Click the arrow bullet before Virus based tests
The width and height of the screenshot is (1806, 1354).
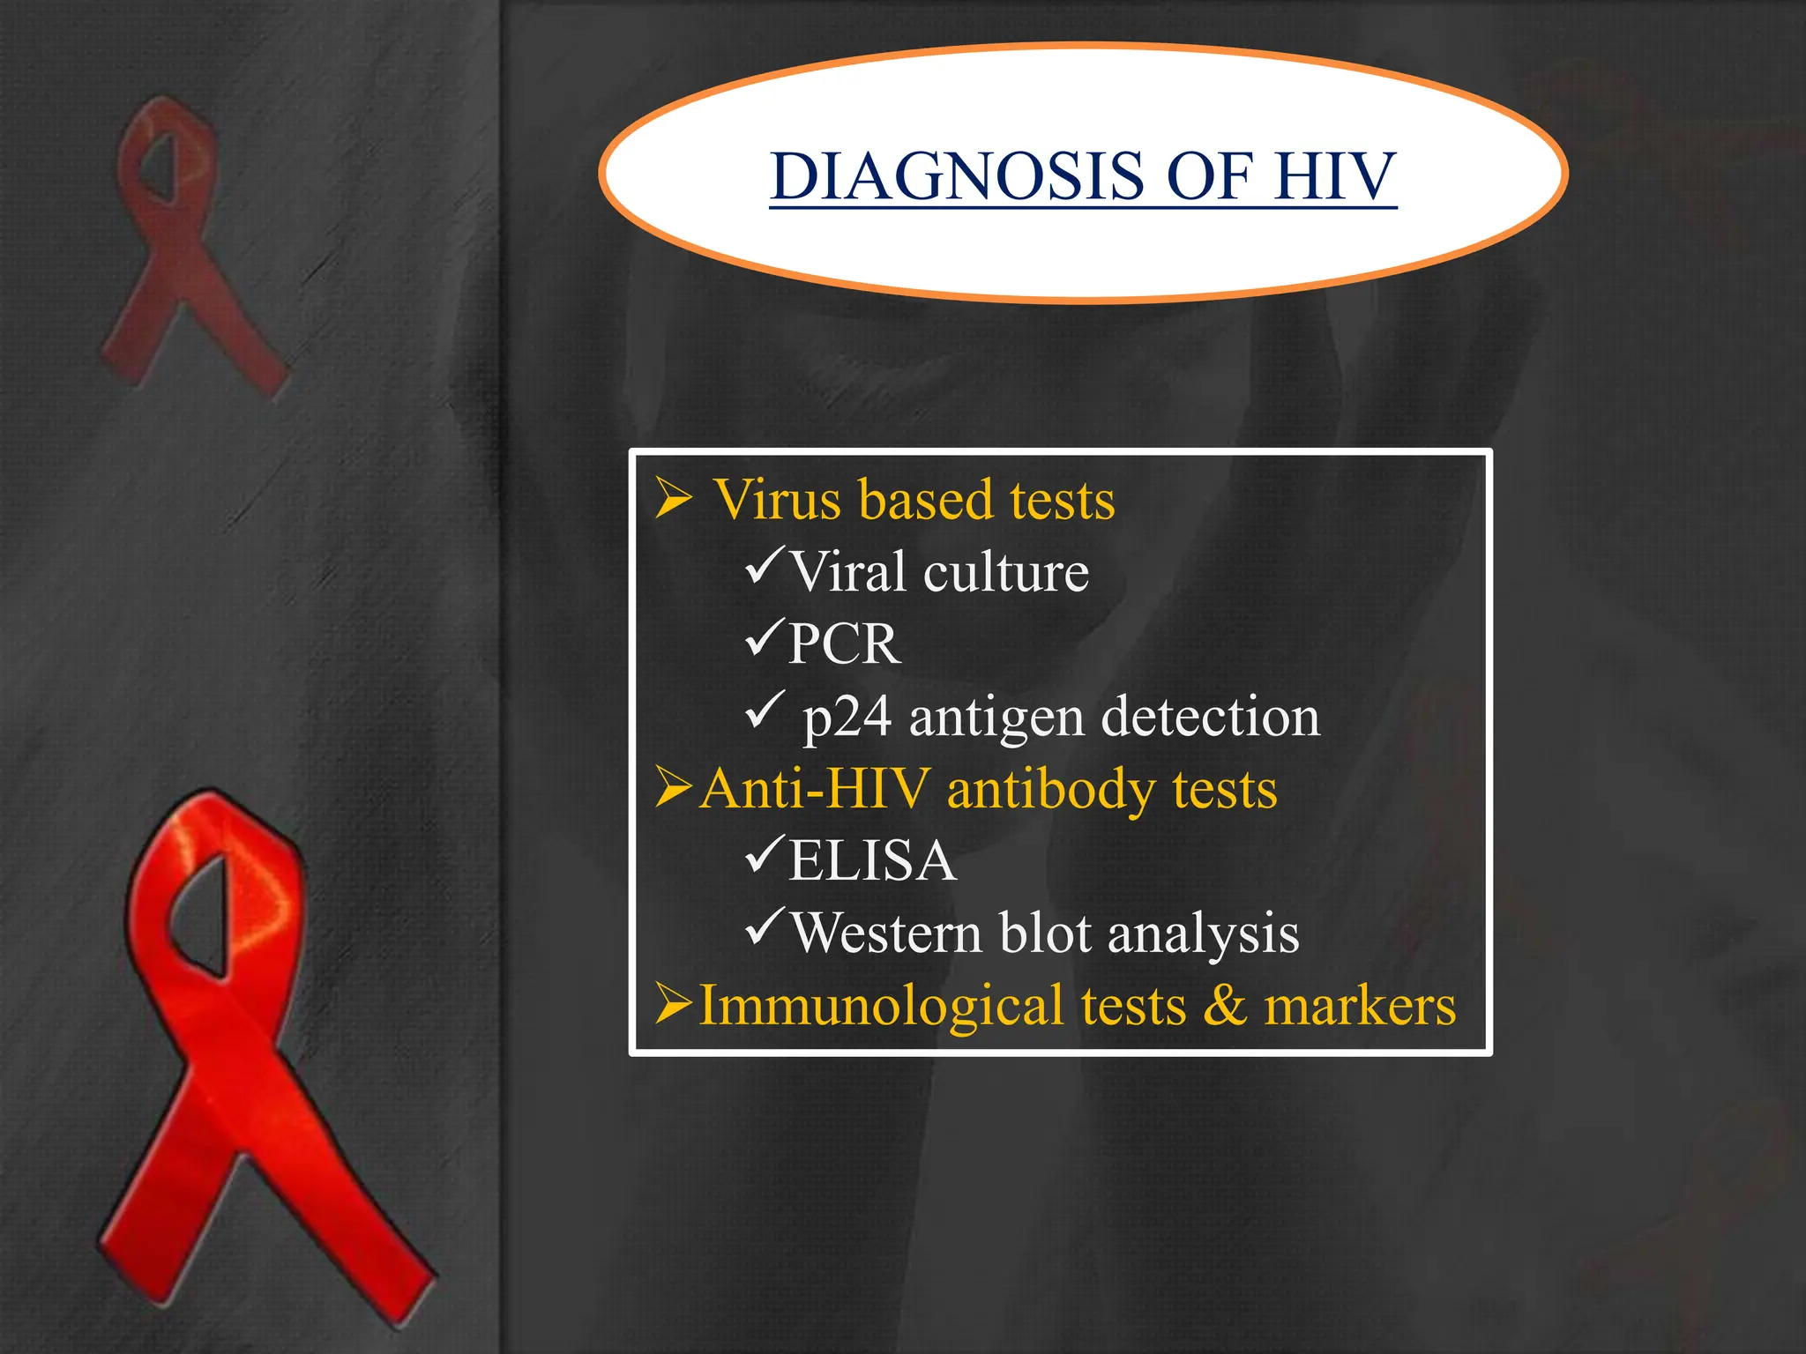click(x=674, y=498)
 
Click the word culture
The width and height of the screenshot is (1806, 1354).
click(x=1006, y=572)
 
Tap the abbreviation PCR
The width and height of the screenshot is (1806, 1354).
click(x=844, y=644)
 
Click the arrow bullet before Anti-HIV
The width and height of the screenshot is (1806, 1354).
click(x=675, y=787)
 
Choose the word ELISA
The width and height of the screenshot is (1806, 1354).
click(x=872, y=860)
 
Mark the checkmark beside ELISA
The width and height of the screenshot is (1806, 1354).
click(x=764, y=855)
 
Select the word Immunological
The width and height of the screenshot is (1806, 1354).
click(x=881, y=1006)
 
